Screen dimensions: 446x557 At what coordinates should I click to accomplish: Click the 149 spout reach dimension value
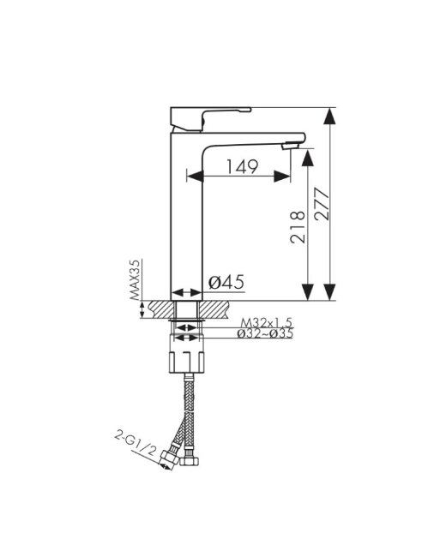coord(242,166)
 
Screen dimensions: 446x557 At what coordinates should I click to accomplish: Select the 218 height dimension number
coord(298,227)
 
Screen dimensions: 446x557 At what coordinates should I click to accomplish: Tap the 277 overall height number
coord(322,204)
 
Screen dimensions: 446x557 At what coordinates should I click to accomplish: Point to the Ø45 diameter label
coord(226,283)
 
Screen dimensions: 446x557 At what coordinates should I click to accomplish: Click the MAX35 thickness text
coord(135,279)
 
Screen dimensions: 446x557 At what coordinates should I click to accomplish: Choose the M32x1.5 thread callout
coord(267,322)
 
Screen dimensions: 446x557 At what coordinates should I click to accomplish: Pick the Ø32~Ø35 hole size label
coord(265,333)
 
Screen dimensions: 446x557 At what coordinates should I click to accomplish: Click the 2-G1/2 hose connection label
coord(136,444)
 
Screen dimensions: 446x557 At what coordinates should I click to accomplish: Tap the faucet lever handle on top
coord(210,119)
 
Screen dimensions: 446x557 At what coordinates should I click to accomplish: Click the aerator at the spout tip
coord(290,146)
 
